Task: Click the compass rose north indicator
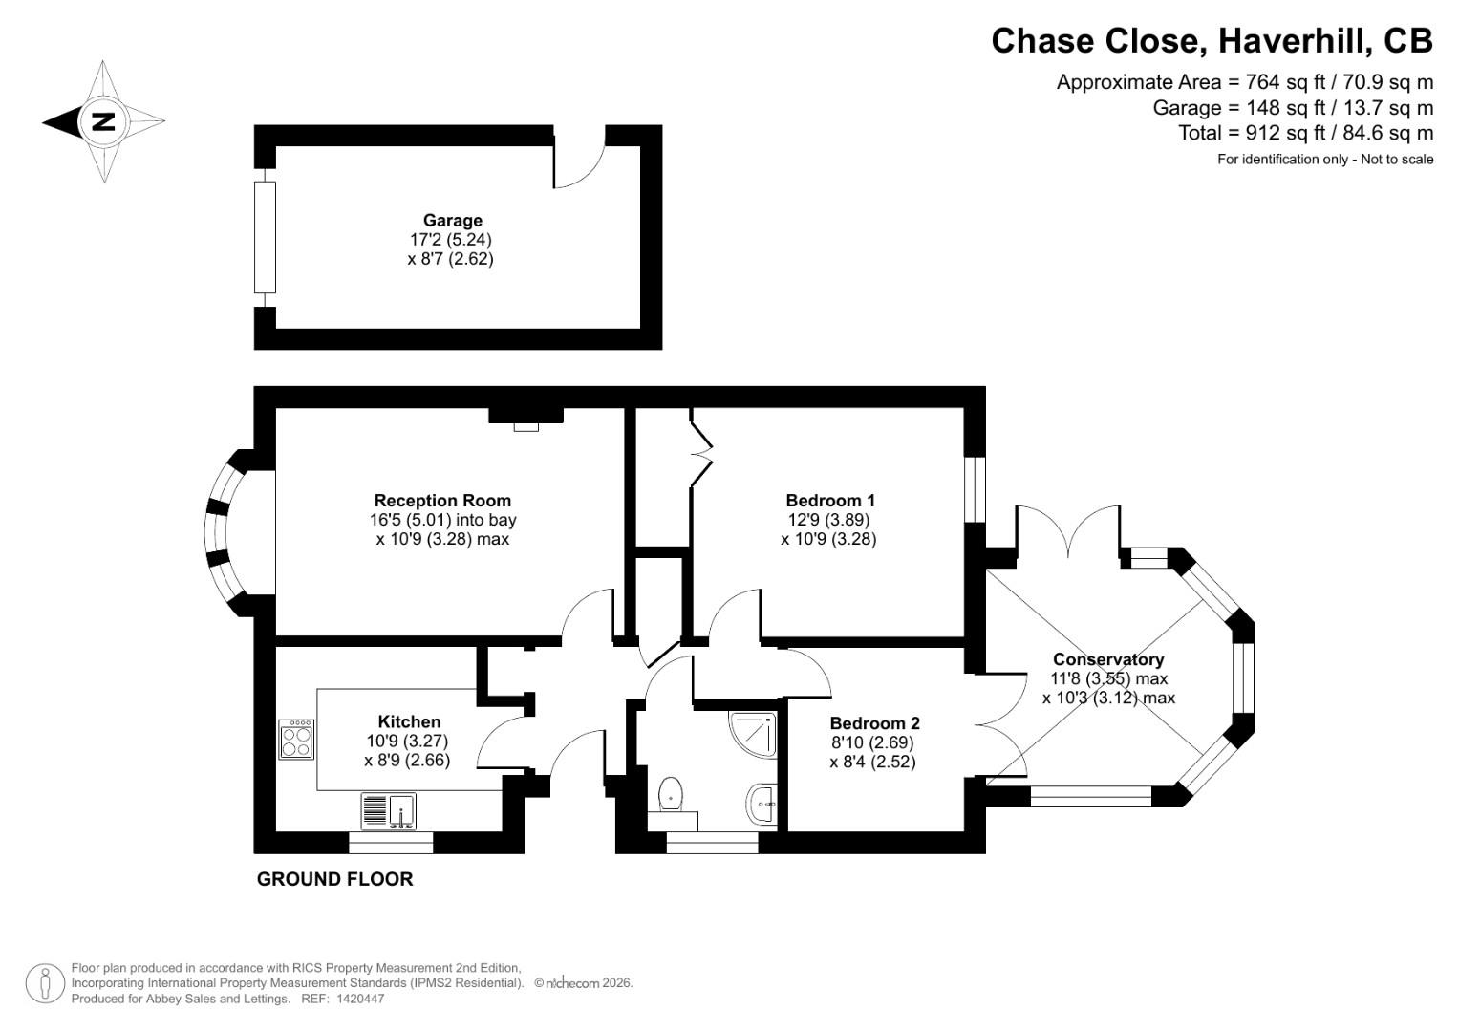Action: coord(102,121)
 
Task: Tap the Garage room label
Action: coord(453,221)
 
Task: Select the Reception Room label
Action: coord(442,501)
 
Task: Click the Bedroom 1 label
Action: coord(829,501)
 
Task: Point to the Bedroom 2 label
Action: coord(874,724)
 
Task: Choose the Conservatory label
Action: coord(1108,659)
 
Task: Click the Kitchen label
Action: coord(409,721)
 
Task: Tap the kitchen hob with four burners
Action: coord(297,740)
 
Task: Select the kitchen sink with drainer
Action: coord(389,811)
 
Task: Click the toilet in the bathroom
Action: coord(672,794)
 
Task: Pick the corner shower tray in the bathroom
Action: coord(753,732)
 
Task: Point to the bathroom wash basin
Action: coord(763,805)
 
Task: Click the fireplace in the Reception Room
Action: coord(526,418)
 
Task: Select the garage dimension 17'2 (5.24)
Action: coord(451,240)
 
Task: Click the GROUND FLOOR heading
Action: coord(334,879)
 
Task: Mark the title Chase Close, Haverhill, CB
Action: coord(1212,41)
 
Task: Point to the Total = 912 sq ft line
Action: coord(1305,133)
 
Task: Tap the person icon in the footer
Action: coord(45,983)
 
